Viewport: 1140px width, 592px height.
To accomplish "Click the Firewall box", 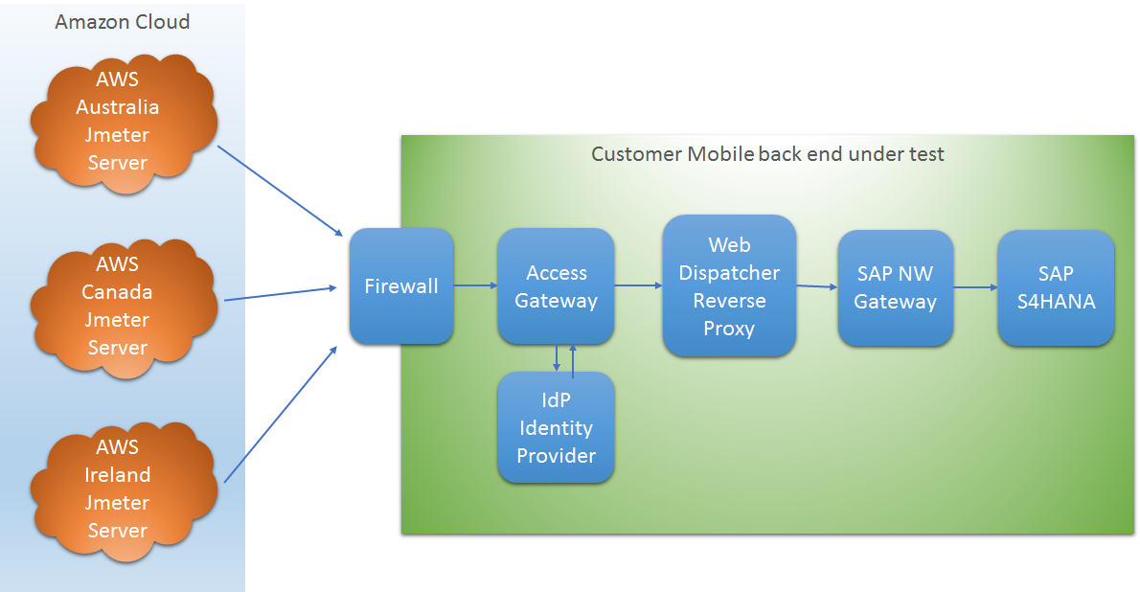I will point(401,286).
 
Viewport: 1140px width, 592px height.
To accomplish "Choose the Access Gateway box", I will point(556,286).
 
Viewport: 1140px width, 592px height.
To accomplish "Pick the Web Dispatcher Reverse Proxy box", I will point(729,286).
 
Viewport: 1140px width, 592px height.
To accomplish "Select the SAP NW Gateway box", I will point(895,287).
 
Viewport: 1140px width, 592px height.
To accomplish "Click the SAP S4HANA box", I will point(1056,287).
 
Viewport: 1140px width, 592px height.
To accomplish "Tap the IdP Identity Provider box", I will point(556,427).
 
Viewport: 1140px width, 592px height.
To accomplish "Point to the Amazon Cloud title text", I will point(123,22).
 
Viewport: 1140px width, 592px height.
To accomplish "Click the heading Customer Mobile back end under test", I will point(767,154).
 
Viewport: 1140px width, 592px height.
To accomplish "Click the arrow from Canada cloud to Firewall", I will point(280,293).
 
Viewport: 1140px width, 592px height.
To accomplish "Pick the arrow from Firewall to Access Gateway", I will point(475,285).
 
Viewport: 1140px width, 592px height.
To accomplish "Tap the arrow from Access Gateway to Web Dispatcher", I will point(638,285).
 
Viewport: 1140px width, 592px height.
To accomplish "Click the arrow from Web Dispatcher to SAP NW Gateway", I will point(817,286).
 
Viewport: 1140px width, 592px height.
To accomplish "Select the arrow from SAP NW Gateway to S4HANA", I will point(975,287).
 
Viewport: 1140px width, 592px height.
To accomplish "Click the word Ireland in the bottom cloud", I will point(118,475).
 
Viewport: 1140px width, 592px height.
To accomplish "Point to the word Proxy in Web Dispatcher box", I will point(729,329).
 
